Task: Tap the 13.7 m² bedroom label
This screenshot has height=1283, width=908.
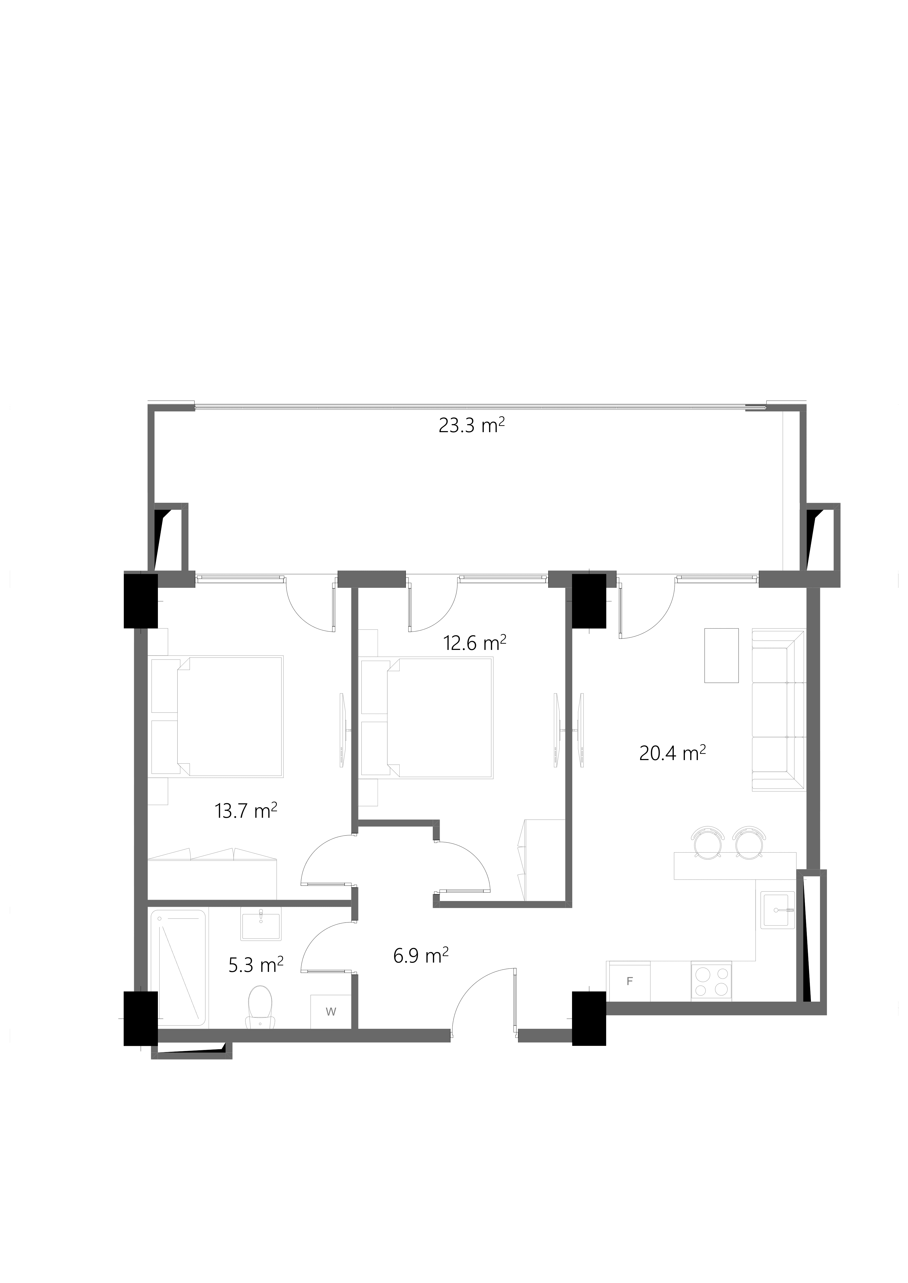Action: (x=246, y=810)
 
